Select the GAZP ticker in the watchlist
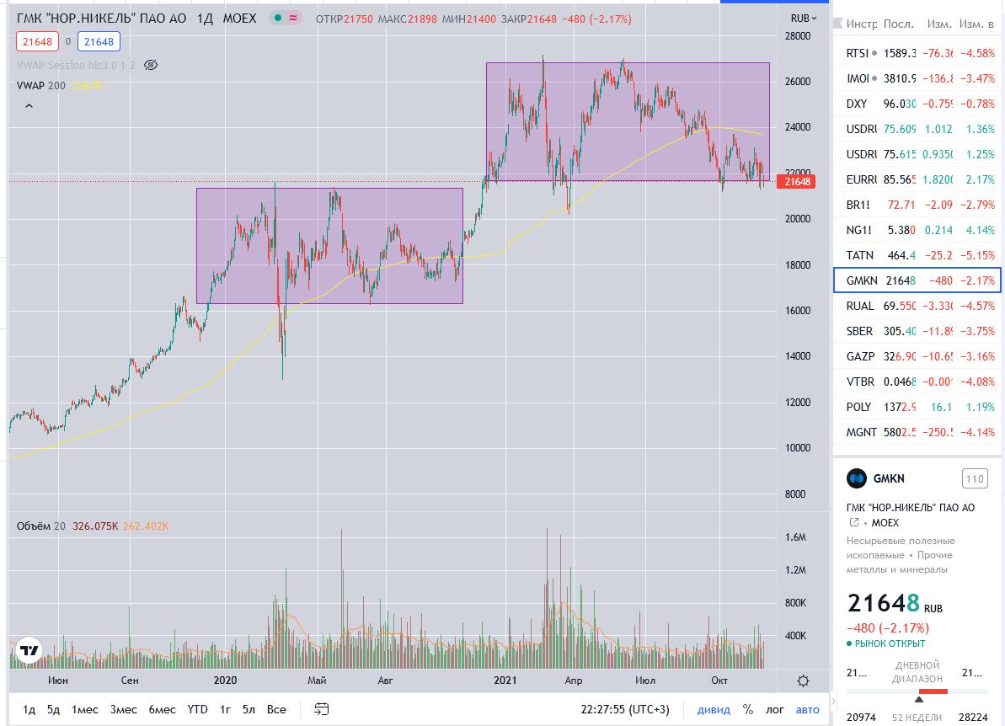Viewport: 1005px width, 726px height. pos(860,356)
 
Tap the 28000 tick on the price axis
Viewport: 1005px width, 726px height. pos(796,36)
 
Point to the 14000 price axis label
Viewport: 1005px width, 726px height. pos(796,356)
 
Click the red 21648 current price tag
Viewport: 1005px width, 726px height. pos(797,181)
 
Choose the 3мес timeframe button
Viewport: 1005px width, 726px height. pos(124,709)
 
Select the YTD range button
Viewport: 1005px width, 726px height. pos(197,709)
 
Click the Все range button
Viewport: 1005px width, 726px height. pos(276,709)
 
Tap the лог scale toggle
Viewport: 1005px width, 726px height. pos(774,709)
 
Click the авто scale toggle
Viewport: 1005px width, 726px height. pos(807,709)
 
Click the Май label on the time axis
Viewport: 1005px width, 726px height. pos(317,680)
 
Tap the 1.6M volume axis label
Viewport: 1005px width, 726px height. pos(795,537)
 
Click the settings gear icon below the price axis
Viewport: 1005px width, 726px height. pos(804,681)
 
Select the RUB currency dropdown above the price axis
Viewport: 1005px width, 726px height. pos(803,18)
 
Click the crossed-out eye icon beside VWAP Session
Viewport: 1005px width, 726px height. pos(152,65)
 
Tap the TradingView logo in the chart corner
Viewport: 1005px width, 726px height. pos(29,650)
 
